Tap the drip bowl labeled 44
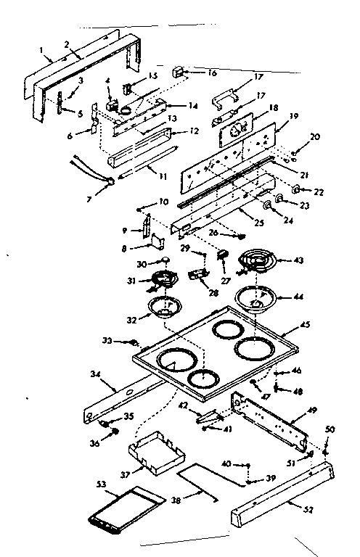255,298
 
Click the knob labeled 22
298,190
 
